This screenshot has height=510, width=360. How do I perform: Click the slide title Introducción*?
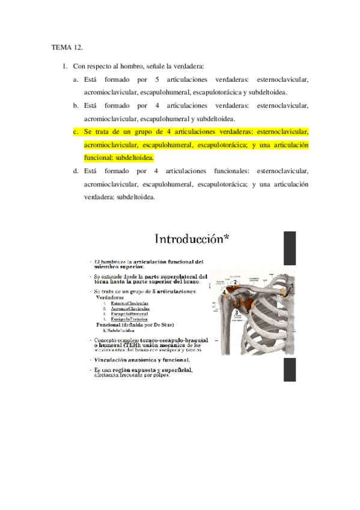pyautogui.click(x=192, y=239)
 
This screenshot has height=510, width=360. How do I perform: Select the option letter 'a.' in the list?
pyautogui.click(x=76, y=79)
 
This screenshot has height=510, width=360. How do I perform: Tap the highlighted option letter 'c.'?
pyautogui.click(x=76, y=131)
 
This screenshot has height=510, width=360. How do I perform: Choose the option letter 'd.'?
pyautogui.click(x=76, y=171)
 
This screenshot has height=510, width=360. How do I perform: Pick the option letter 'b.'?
pyautogui.click(x=76, y=105)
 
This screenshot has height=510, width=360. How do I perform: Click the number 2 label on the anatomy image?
pyautogui.click(x=236, y=281)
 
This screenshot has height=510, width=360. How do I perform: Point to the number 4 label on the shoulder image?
pyautogui.click(x=225, y=293)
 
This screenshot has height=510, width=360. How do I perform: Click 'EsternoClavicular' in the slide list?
pyautogui.click(x=130, y=304)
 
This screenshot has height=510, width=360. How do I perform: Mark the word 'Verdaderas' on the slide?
pyautogui.click(x=111, y=297)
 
